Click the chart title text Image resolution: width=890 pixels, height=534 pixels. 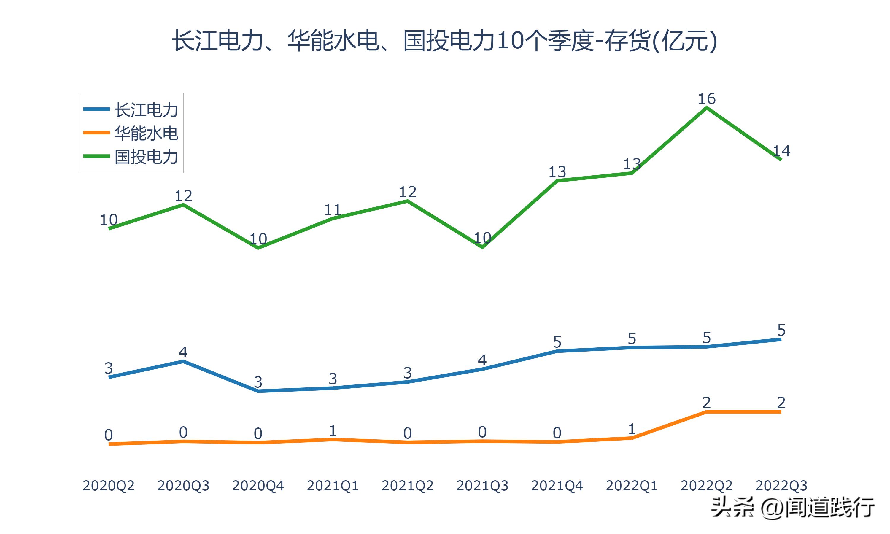[445, 41]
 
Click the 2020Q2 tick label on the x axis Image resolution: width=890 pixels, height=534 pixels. [108, 486]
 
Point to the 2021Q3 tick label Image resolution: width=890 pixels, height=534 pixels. [482, 486]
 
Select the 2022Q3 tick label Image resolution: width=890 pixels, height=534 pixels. [781, 486]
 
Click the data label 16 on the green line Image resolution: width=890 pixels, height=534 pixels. [707, 98]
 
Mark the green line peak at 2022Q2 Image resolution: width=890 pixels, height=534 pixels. [707, 108]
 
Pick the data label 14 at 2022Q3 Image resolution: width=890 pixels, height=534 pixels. [781, 151]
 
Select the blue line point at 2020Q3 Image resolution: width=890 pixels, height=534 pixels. [183, 361]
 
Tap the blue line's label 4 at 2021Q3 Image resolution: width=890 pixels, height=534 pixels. [482, 360]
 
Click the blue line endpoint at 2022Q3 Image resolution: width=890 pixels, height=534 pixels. [780, 339]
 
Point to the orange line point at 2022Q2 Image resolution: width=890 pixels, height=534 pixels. [707, 412]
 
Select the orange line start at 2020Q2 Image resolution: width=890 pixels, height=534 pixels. [109, 444]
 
